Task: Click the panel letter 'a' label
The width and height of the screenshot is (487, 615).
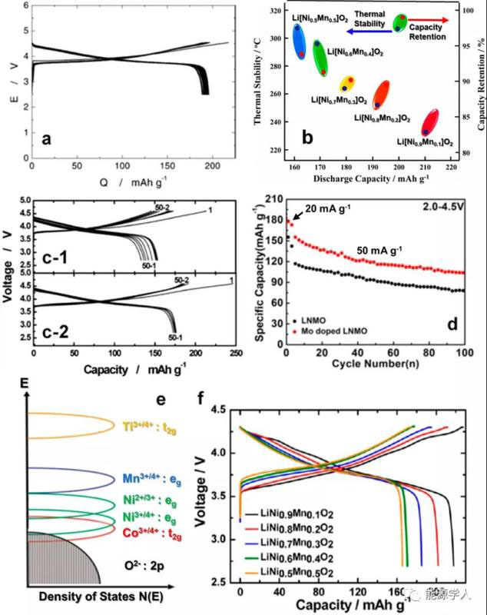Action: tap(48, 139)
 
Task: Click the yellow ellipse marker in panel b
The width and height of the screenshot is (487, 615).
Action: tap(347, 84)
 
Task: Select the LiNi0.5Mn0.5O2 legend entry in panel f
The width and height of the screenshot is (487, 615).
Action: tap(295, 573)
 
